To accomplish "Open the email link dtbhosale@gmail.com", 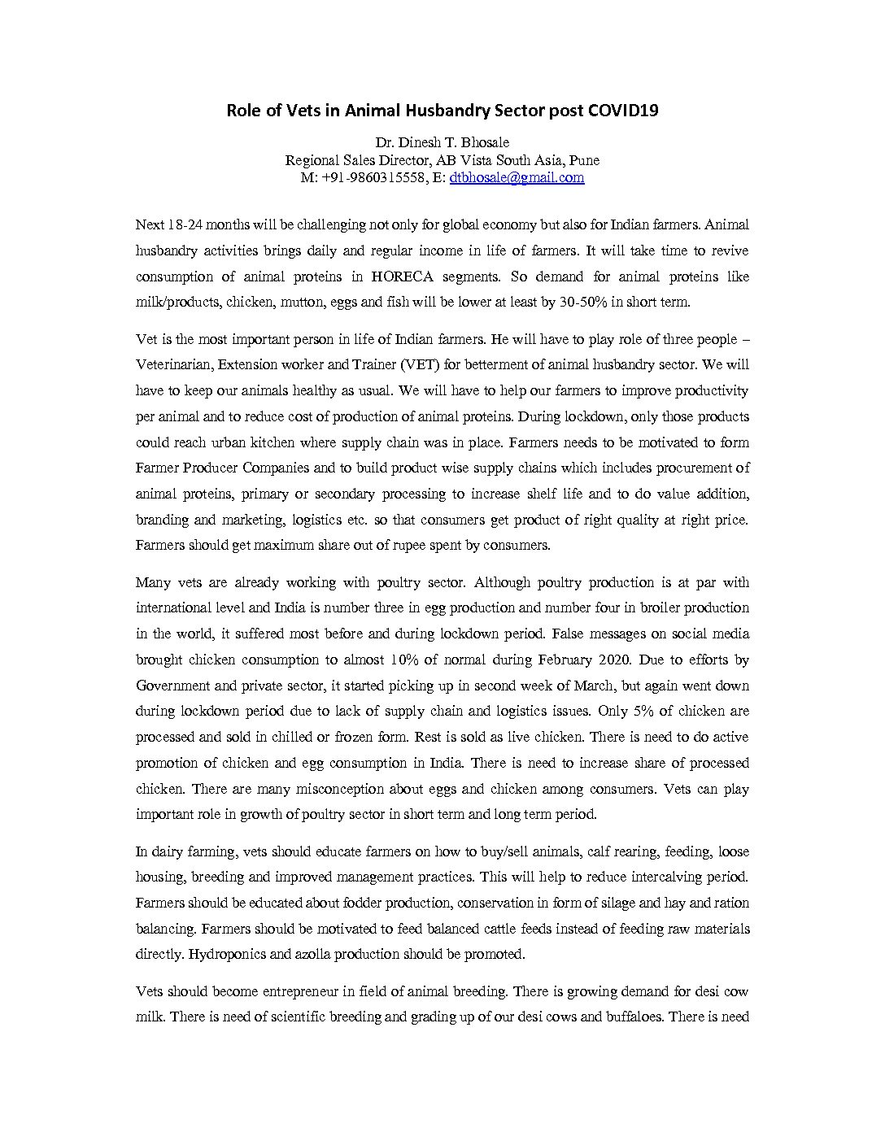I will coord(517,177).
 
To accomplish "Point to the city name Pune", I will coord(584,160).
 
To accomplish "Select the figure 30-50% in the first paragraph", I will coord(586,302).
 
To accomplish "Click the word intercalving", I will coord(653,877).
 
